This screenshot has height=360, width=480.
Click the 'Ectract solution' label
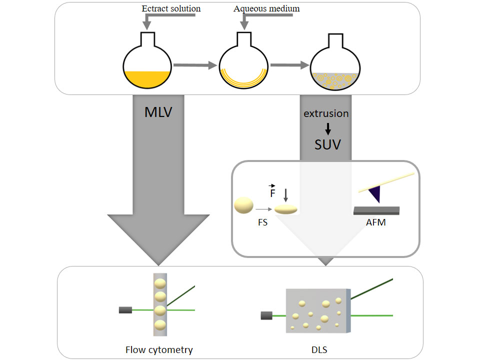click(171, 8)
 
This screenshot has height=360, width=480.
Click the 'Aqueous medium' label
click(266, 8)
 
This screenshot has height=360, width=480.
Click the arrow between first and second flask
click(195, 65)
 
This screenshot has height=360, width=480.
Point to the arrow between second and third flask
click(289, 64)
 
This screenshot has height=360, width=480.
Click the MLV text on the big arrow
click(158, 111)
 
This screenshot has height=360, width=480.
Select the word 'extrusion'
click(326, 113)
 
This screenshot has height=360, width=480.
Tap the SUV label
click(327, 144)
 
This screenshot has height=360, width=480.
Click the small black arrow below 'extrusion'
click(328, 128)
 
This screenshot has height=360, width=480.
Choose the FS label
click(262, 222)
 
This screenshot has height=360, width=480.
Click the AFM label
click(375, 222)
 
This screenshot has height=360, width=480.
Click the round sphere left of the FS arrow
click(243, 205)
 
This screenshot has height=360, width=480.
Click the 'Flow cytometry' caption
click(159, 349)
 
